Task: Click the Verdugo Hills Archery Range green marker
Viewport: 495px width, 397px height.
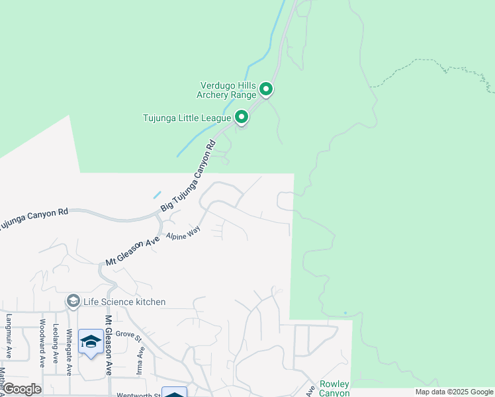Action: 266,89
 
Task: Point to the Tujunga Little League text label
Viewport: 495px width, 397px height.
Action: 187,118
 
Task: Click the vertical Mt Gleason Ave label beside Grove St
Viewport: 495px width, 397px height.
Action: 108,345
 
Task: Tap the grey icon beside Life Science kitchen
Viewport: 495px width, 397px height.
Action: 73,302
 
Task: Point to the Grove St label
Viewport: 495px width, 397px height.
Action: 129,336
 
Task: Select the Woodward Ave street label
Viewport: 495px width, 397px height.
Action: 42,343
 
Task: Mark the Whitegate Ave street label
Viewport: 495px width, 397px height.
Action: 69,350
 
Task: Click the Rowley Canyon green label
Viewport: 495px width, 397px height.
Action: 334,388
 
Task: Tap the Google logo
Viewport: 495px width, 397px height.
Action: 22,388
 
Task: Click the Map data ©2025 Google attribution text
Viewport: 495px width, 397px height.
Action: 453,392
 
